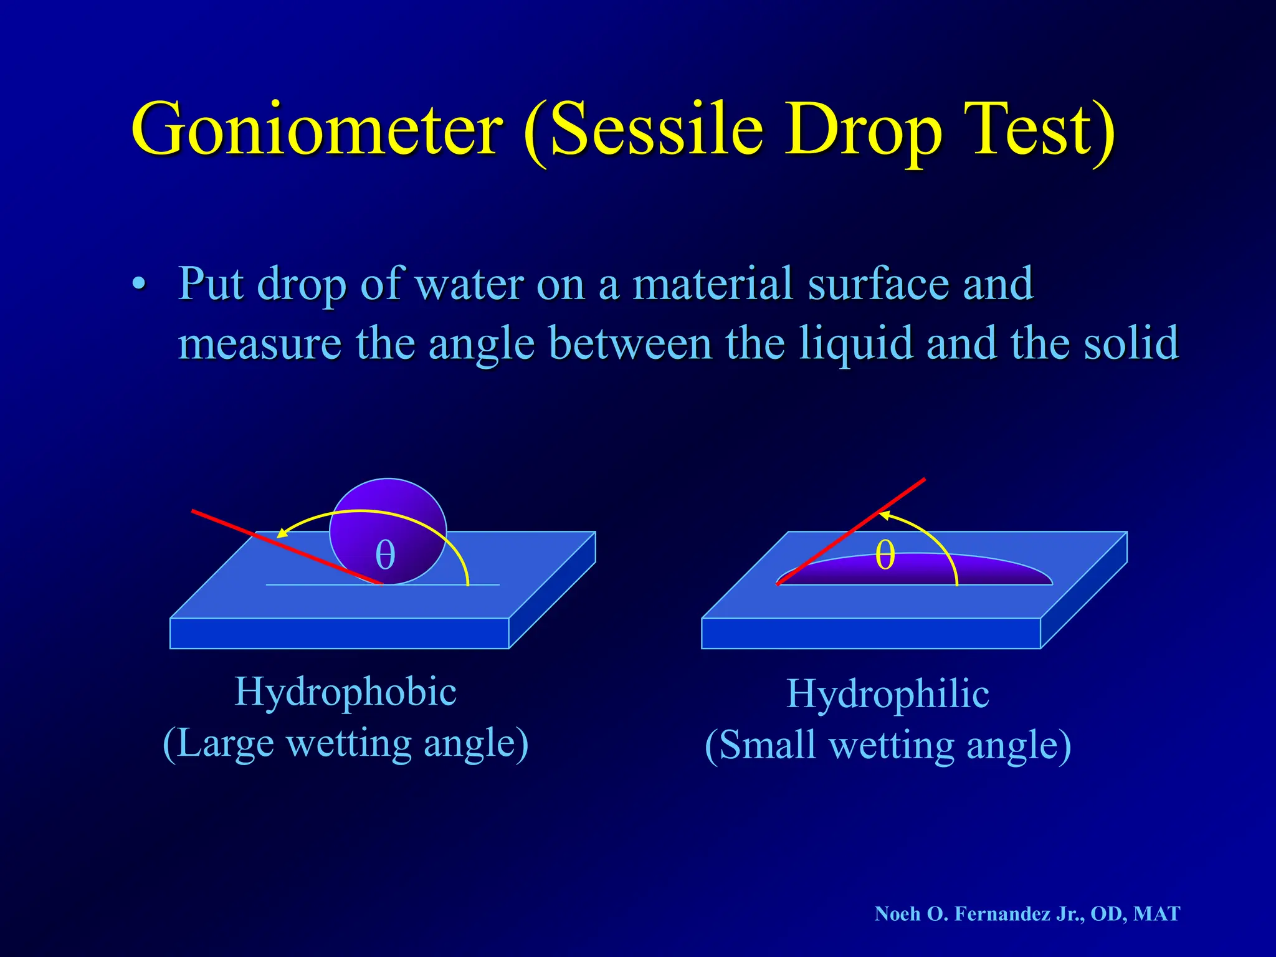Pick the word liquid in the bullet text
[x=857, y=345]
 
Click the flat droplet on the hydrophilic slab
[x=984, y=570]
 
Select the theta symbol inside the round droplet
[x=385, y=555]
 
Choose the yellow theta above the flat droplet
[x=885, y=554]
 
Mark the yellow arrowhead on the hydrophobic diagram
[x=282, y=533]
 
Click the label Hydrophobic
[x=345, y=692]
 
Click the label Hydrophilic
[x=887, y=695]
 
